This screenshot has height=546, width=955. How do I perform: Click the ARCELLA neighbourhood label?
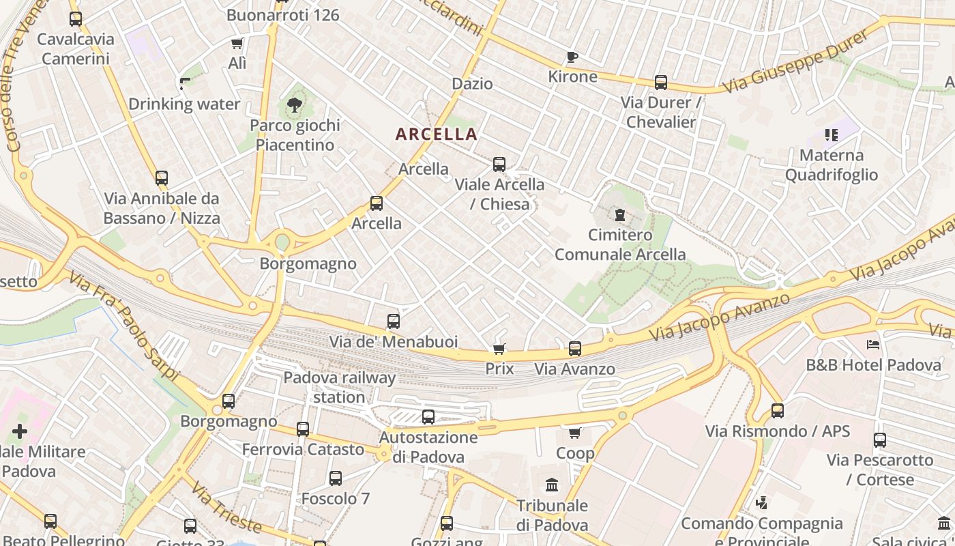[x=437, y=134]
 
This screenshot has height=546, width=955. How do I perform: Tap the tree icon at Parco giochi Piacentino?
[x=295, y=105]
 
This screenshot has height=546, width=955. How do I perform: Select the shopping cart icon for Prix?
[x=499, y=349]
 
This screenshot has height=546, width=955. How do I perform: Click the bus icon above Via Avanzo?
[x=575, y=349]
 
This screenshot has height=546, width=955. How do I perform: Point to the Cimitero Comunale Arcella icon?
[x=619, y=216]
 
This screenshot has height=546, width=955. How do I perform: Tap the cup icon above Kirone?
[x=572, y=57]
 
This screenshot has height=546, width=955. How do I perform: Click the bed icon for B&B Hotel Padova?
[x=872, y=345]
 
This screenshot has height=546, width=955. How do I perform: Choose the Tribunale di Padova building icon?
[x=552, y=486]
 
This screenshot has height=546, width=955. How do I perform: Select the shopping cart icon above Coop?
[x=575, y=433]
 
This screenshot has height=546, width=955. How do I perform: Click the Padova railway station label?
[x=339, y=387]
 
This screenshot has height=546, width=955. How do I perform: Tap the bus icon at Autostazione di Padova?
[x=428, y=417]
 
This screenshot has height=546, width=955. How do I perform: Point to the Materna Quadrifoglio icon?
[x=830, y=135]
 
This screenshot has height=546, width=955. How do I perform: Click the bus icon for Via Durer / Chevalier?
[x=660, y=83]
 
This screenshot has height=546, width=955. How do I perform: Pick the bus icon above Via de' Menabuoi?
[x=393, y=321]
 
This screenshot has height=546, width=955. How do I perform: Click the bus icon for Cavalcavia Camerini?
[x=76, y=19]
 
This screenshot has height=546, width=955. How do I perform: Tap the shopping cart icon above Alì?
[x=237, y=44]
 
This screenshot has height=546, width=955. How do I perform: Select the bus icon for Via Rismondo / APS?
[x=777, y=411]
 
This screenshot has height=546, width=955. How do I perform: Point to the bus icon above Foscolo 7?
[x=335, y=478]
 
